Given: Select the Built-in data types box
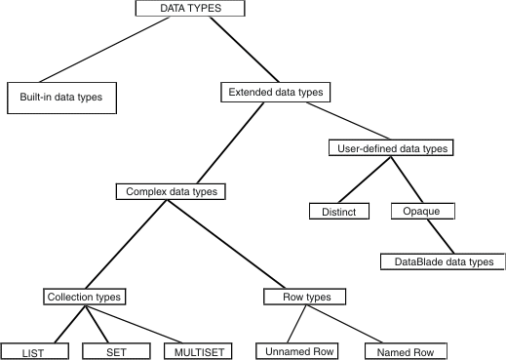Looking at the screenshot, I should click(x=61, y=98).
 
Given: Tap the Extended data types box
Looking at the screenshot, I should click(x=274, y=93).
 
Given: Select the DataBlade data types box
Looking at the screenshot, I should click(x=443, y=260).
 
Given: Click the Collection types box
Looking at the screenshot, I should click(x=87, y=296).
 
